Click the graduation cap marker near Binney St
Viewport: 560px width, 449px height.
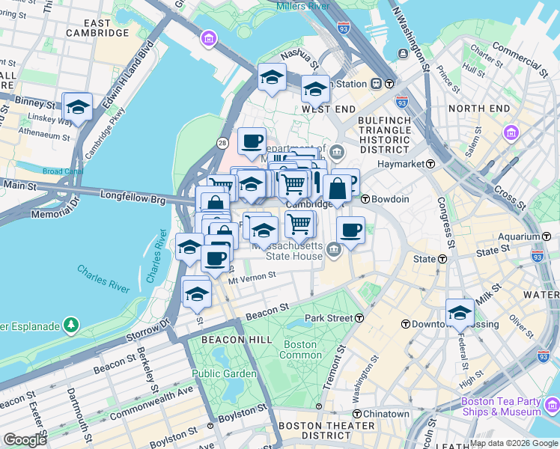click(x=78, y=108)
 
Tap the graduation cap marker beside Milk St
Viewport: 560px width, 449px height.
click(x=460, y=313)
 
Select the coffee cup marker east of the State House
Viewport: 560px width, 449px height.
click(x=350, y=230)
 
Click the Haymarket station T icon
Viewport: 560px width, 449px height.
click(x=431, y=164)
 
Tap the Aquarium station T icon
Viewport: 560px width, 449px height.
click(x=536, y=236)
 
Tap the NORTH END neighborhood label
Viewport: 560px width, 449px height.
click(x=478, y=109)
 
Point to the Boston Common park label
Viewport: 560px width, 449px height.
click(x=299, y=349)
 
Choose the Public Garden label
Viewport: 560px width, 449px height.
click(x=224, y=373)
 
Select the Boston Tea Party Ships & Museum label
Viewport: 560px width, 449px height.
click(x=501, y=406)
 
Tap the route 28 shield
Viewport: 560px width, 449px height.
click(x=222, y=142)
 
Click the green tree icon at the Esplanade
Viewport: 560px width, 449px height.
click(x=71, y=325)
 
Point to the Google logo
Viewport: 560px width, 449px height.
click(x=25, y=440)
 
